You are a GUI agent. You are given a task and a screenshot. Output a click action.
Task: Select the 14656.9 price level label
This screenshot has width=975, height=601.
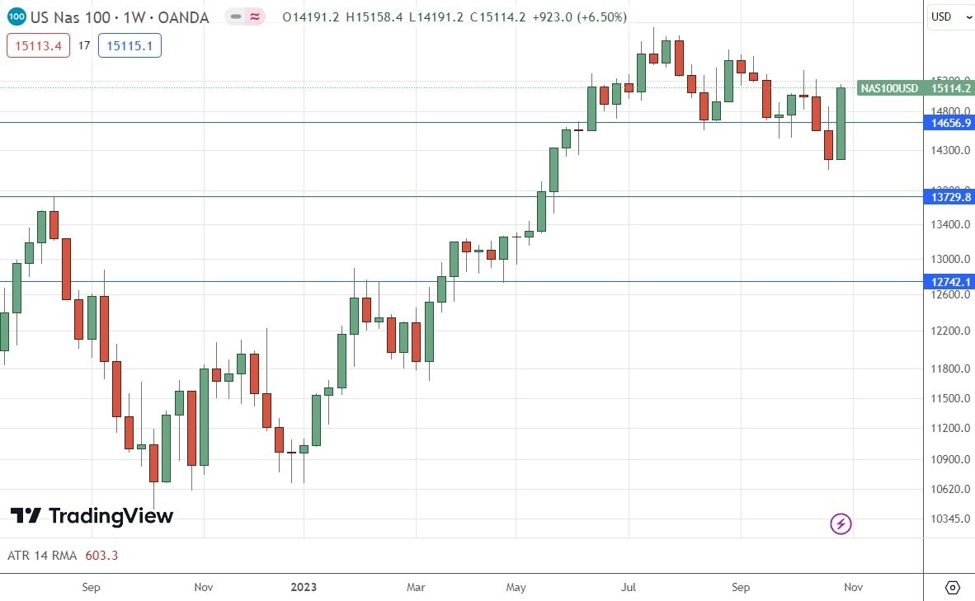[951, 123]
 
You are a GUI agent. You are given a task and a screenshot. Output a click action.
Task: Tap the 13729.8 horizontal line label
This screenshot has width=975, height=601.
[951, 197]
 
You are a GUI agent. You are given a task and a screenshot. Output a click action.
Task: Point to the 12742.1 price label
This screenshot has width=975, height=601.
[951, 282]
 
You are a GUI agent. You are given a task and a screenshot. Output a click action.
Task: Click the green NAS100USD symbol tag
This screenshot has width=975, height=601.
[889, 88]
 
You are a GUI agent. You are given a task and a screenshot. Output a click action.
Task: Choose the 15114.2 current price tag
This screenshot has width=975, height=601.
[951, 88]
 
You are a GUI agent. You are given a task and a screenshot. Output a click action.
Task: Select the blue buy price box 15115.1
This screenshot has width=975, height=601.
[130, 46]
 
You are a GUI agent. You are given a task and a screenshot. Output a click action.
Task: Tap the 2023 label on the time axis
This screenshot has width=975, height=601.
[304, 587]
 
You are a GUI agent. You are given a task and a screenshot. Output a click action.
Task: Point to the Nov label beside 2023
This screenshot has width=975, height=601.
[204, 587]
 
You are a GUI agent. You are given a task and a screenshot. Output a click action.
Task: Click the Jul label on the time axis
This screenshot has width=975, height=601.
[629, 587]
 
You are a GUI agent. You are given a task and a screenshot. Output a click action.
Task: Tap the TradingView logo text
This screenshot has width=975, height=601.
[111, 516]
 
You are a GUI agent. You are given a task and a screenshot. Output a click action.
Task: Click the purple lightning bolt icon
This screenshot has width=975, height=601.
[841, 524]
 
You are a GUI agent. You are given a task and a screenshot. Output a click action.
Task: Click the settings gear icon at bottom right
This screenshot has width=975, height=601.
[952, 587]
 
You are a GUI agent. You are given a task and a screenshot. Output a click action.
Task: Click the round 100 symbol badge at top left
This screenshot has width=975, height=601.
[16, 17]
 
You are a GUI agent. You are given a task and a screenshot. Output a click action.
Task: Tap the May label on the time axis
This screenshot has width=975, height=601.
[516, 587]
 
